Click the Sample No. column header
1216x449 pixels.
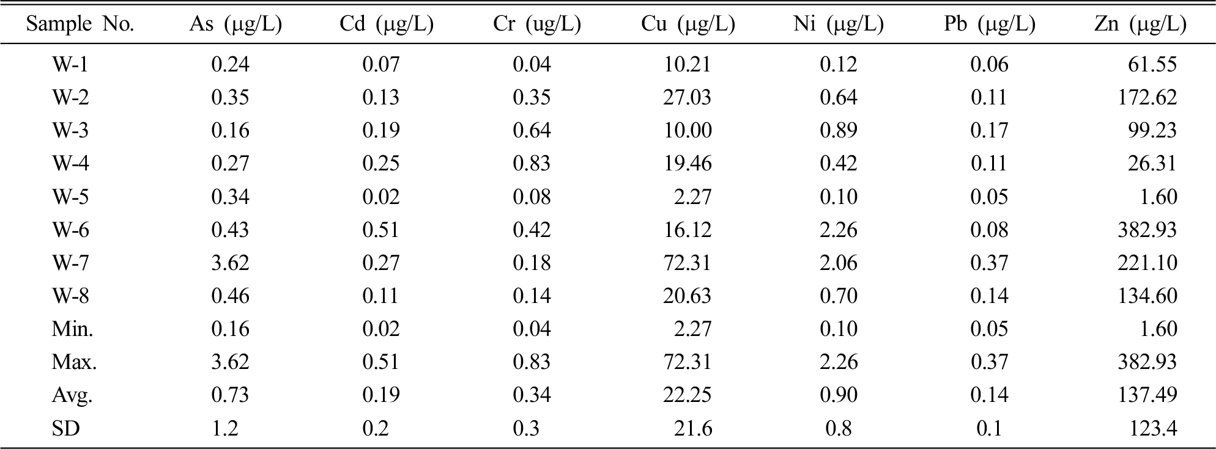tap(80, 24)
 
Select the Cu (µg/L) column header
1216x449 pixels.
tap(688, 24)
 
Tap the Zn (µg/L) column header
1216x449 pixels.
tap(1140, 24)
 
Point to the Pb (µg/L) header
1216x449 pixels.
tap(990, 24)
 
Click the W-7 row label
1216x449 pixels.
tap(70, 263)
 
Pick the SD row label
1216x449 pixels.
tap(65, 428)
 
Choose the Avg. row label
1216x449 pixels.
tap(72, 395)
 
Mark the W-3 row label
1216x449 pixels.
tap(70, 130)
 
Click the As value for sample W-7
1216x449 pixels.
tap(230, 263)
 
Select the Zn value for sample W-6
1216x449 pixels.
tap(1147, 230)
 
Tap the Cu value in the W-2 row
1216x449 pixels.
tap(688, 97)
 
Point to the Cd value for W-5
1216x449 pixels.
tap(381, 197)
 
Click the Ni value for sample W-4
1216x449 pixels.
tap(839, 163)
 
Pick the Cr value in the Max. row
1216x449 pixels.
tap(532, 362)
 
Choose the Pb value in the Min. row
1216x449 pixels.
tap(989, 329)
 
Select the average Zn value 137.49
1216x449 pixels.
tap(1147, 395)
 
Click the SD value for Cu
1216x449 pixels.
tap(693, 428)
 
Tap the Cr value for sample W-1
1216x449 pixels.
tap(532, 64)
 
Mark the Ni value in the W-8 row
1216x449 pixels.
tap(839, 296)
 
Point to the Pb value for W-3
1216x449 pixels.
tap(989, 130)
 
